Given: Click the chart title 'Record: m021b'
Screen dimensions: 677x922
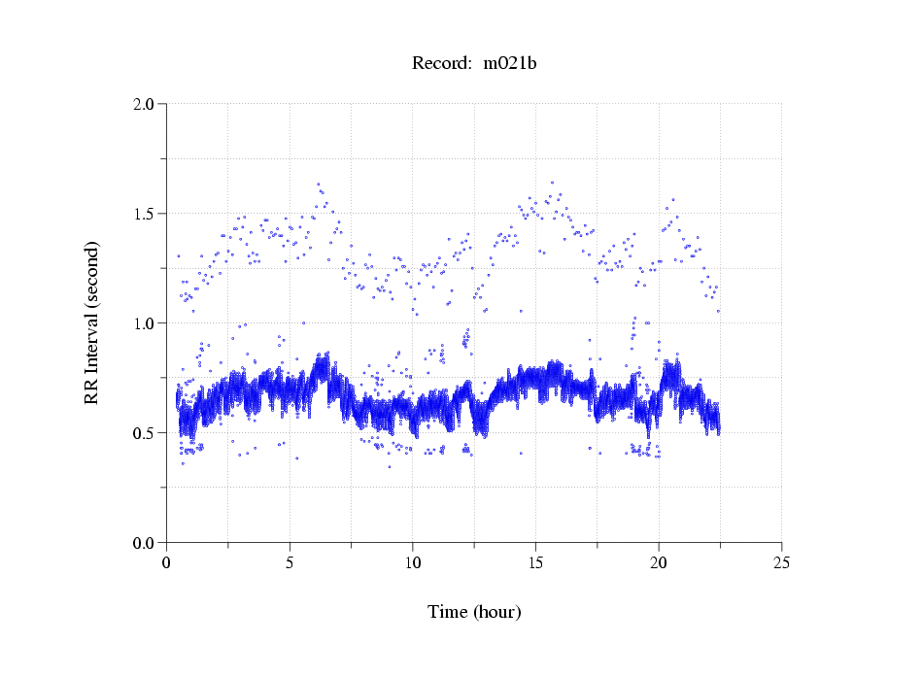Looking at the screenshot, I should click(x=474, y=64).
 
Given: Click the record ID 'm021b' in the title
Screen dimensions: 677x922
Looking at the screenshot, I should click(x=510, y=64).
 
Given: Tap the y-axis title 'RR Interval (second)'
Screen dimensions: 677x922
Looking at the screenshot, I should click(x=91, y=322).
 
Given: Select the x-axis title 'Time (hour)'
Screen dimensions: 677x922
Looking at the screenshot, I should click(x=474, y=612).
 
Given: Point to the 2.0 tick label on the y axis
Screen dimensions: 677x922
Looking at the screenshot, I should click(x=145, y=104).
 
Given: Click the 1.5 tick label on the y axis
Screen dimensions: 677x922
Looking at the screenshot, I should click(x=145, y=214).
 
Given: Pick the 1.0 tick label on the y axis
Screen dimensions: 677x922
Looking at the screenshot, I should click(x=145, y=323).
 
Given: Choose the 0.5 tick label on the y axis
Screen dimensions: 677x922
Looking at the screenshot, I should click(x=145, y=433).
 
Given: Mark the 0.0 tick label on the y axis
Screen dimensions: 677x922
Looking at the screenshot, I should click(x=145, y=543).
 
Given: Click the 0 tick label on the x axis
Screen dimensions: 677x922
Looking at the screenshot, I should click(x=167, y=562).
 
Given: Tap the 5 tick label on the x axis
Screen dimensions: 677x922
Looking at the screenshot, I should click(x=290, y=562).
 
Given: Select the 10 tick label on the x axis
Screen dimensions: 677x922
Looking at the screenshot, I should click(x=413, y=562).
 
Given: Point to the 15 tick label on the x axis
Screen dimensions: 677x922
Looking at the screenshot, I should click(x=535, y=562).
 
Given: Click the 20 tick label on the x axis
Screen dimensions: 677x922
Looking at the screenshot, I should click(x=659, y=562).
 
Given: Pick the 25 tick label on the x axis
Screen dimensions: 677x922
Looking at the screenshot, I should click(x=781, y=562).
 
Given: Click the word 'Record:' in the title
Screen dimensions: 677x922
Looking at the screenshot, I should click(x=442, y=64).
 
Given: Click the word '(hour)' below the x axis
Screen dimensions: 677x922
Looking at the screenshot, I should click(x=496, y=612).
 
